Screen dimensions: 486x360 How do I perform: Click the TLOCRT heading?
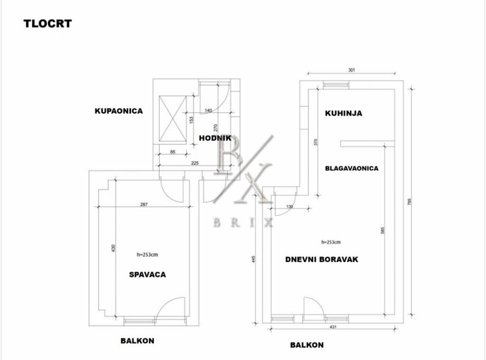click(48, 23)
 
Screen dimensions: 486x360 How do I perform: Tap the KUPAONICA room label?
click(119, 111)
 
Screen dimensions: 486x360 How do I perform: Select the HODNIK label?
click(216, 138)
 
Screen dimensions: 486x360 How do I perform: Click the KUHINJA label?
click(343, 113)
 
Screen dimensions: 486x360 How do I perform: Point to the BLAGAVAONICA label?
click(351, 168)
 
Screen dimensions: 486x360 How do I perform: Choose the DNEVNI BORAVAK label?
click(322, 259)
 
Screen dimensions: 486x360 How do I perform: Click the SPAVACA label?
click(147, 274)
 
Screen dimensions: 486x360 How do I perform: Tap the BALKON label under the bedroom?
click(137, 340)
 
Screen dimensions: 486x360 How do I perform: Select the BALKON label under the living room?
click(306, 345)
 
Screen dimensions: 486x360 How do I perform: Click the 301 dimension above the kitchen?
click(352, 69)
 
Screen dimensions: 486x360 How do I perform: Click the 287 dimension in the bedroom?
click(144, 205)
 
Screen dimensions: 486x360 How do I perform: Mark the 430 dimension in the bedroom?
click(113, 248)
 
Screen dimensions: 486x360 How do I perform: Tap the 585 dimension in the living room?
click(382, 231)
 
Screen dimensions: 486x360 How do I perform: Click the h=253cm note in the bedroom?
click(147, 254)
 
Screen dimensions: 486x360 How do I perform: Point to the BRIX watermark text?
click(243, 223)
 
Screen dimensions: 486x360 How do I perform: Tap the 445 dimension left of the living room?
click(254, 259)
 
